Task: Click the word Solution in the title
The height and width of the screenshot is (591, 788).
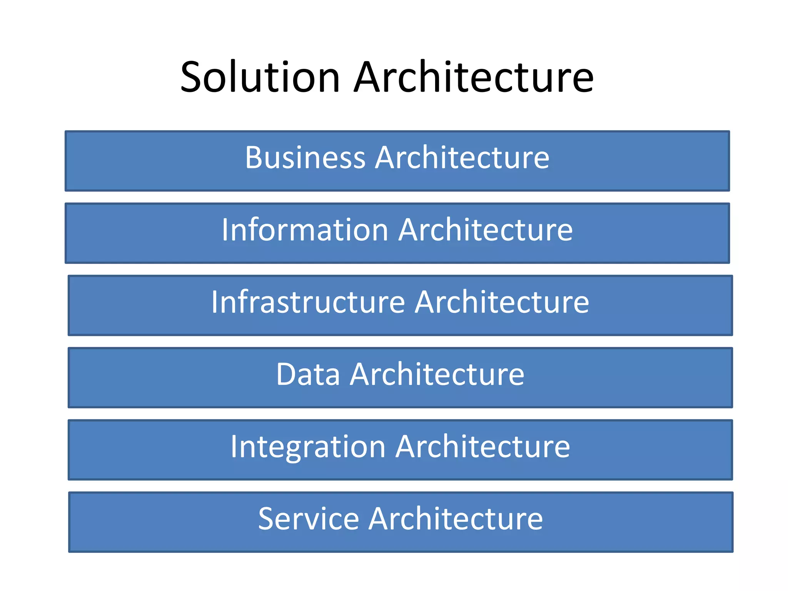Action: pyautogui.click(x=260, y=77)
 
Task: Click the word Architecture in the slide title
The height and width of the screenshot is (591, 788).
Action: pyautogui.click(x=474, y=77)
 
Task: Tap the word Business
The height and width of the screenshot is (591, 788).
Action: pyautogui.click(x=305, y=157)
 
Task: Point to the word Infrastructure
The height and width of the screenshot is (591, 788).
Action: pyautogui.click(x=308, y=302)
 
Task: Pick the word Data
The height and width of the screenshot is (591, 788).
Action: pyautogui.click(x=308, y=374)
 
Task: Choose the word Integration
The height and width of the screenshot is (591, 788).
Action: pyautogui.click(x=308, y=446)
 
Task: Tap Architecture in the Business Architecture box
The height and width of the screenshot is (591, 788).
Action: pyautogui.click(x=462, y=157)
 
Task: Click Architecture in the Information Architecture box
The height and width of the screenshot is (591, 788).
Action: pyautogui.click(x=486, y=230)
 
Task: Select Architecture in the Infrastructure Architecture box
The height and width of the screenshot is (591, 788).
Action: pyautogui.click(x=502, y=302)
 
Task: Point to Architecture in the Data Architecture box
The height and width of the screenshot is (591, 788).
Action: pyautogui.click(x=437, y=374)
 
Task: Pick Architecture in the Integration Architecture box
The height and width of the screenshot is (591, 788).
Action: pyautogui.click(x=483, y=446)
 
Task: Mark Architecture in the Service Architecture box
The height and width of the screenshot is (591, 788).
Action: pyautogui.click(x=456, y=519)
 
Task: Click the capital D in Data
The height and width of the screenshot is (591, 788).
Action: pyautogui.click(x=287, y=374)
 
